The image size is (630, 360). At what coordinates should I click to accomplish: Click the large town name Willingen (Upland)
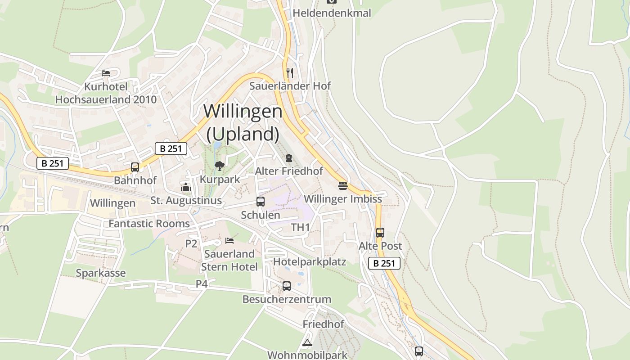[x=243, y=122]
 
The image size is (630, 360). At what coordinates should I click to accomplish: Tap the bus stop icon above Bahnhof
[x=135, y=167]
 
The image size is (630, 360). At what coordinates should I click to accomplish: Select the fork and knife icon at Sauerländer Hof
[x=290, y=72]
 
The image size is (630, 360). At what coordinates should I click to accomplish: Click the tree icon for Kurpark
[x=220, y=166]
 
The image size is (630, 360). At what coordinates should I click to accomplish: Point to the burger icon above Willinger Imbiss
[x=343, y=185]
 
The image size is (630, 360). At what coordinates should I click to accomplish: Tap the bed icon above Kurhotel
[x=106, y=73]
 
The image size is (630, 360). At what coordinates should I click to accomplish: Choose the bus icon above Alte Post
[x=380, y=233]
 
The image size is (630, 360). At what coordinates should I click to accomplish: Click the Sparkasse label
[x=101, y=273]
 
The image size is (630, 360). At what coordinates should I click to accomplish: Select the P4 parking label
[x=202, y=284]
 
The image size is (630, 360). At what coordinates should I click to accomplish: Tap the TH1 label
[x=301, y=227]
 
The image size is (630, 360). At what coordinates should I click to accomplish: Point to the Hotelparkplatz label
[x=310, y=261]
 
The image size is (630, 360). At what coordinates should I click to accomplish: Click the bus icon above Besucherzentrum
[x=287, y=286]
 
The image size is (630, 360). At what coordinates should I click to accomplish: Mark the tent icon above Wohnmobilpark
[x=307, y=343]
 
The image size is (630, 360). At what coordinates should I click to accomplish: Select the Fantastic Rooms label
[x=149, y=224]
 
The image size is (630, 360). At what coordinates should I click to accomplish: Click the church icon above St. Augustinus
[x=186, y=187]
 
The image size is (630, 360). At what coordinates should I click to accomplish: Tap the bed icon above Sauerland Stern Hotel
[x=229, y=241]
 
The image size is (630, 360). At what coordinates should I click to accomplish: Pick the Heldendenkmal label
[x=332, y=13]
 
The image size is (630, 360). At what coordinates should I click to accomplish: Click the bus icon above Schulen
[x=261, y=202]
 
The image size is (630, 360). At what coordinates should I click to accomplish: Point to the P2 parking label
[x=191, y=243]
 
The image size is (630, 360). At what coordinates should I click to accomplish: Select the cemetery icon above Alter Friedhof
[x=288, y=158]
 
